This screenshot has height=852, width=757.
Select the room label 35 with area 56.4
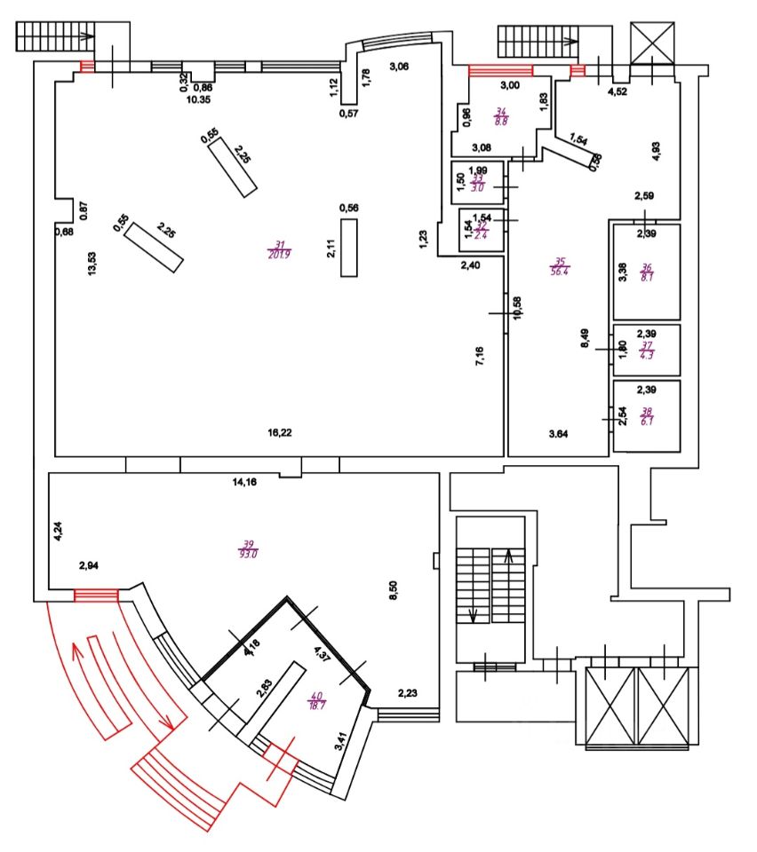pos(561,267)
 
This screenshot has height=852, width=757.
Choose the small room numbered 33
pos(477,183)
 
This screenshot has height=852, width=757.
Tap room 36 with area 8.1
pos(646,272)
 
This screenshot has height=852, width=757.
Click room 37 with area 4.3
pos(646,351)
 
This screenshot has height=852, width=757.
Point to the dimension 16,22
pos(279,433)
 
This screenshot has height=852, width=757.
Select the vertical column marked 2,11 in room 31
pos(349,248)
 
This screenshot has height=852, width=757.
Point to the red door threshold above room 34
pos(500,70)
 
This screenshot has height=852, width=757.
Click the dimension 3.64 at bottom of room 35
pos(559,434)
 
